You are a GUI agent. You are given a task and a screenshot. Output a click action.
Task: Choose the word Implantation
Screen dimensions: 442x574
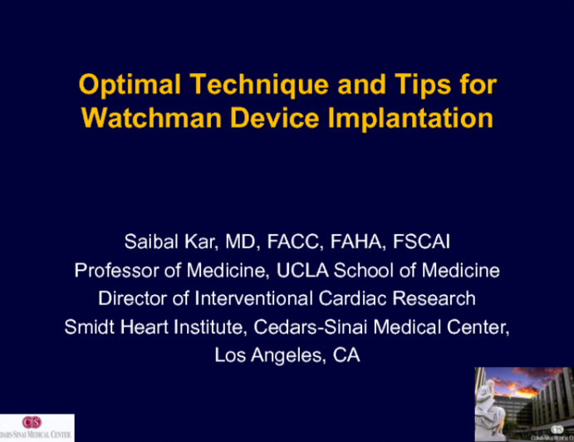point(410,117)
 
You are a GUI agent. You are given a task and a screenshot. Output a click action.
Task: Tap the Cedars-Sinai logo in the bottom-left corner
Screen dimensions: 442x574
point(37,427)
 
